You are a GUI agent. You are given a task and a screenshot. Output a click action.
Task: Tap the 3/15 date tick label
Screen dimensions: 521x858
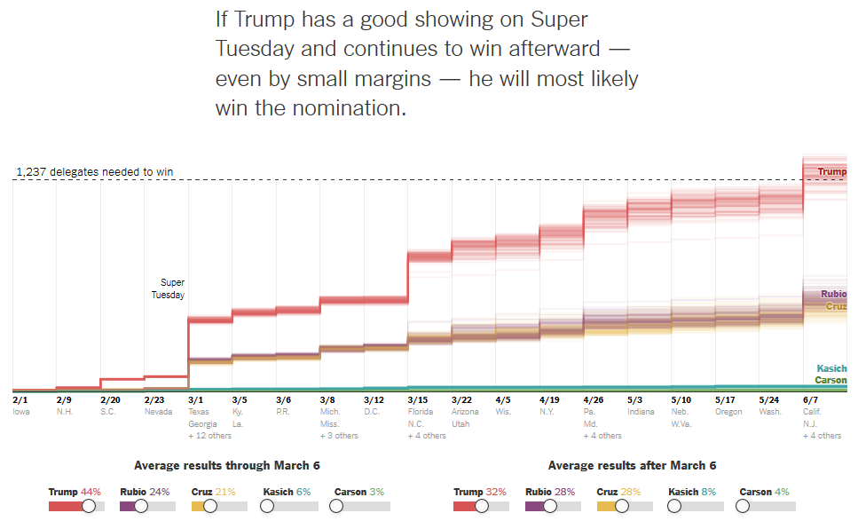coord(417,400)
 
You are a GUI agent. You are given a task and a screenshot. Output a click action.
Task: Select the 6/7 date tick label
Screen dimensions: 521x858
coord(810,400)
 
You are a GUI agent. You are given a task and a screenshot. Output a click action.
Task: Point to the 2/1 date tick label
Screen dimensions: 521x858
coord(20,400)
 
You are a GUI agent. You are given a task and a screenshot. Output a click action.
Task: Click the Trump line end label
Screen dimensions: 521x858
coord(831,172)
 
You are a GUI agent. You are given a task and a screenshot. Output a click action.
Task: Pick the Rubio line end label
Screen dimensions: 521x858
coord(833,294)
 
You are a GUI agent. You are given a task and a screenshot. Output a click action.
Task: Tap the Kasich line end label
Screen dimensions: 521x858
coord(831,368)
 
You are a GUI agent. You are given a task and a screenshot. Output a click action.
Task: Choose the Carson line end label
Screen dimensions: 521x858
coord(831,380)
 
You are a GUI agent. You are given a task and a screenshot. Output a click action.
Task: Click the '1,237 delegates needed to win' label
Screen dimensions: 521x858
coord(95,172)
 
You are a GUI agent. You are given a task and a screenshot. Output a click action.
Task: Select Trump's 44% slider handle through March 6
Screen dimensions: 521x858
coord(89,506)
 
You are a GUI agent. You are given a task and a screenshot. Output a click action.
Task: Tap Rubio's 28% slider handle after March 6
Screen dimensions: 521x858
coord(550,506)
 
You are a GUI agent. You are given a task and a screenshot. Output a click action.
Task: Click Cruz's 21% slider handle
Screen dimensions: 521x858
coord(209,506)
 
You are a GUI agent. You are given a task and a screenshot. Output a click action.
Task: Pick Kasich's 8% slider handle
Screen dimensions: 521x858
coord(674,506)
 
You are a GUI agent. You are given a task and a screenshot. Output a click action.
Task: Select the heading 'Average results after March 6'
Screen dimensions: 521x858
coord(632,465)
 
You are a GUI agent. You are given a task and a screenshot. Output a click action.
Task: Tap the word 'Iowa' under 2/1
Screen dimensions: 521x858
coord(21,412)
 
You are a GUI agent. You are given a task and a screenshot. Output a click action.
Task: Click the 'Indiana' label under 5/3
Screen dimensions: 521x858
coord(641,412)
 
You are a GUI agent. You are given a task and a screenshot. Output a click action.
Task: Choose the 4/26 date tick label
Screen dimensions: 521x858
coord(593,400)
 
